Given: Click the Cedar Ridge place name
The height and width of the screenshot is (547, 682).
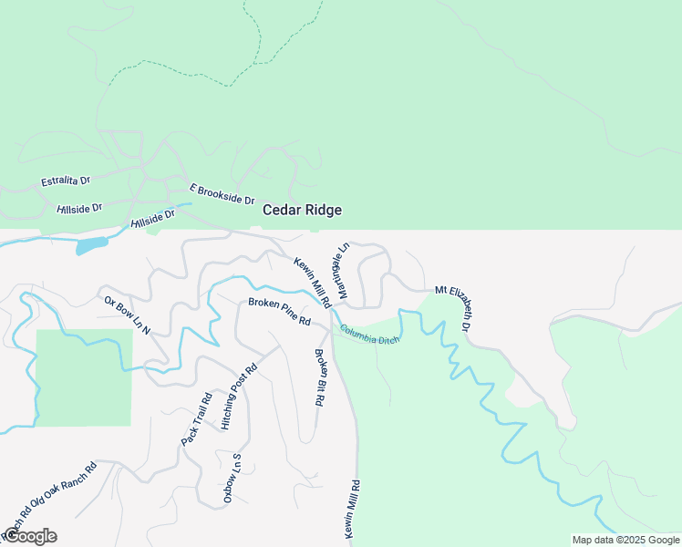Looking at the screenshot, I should click(x=302, y=210).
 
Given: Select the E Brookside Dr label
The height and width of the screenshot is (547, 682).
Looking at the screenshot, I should click(x=222, y=193).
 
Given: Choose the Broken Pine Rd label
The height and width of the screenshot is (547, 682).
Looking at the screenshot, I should click(x=280, y=311).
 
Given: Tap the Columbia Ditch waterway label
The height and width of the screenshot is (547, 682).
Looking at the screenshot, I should click(x=370, y=335).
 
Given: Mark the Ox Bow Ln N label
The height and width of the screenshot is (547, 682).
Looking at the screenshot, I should click(x=127, y=312).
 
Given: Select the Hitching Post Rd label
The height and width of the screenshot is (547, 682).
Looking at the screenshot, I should click(x=240, y=397).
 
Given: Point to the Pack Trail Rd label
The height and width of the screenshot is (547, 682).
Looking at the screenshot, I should click(x=196, y=419).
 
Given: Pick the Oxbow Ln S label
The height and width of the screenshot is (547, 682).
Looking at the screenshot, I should click(x=232, y=478).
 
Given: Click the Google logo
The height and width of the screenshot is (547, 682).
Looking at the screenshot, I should click(x=29, y=536).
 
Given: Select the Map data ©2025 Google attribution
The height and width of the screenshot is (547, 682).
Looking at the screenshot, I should click(x=625, y=540).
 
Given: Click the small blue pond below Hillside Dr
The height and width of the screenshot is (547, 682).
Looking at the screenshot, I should click(x=91, y=245).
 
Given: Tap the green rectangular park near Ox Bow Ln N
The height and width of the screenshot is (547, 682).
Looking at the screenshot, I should click(x=84, y=377).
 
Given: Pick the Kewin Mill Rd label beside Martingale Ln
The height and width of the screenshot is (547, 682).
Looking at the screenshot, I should click(x=312, y=282).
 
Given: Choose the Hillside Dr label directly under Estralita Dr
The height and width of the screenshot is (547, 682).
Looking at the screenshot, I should click(x=79, y=209).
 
